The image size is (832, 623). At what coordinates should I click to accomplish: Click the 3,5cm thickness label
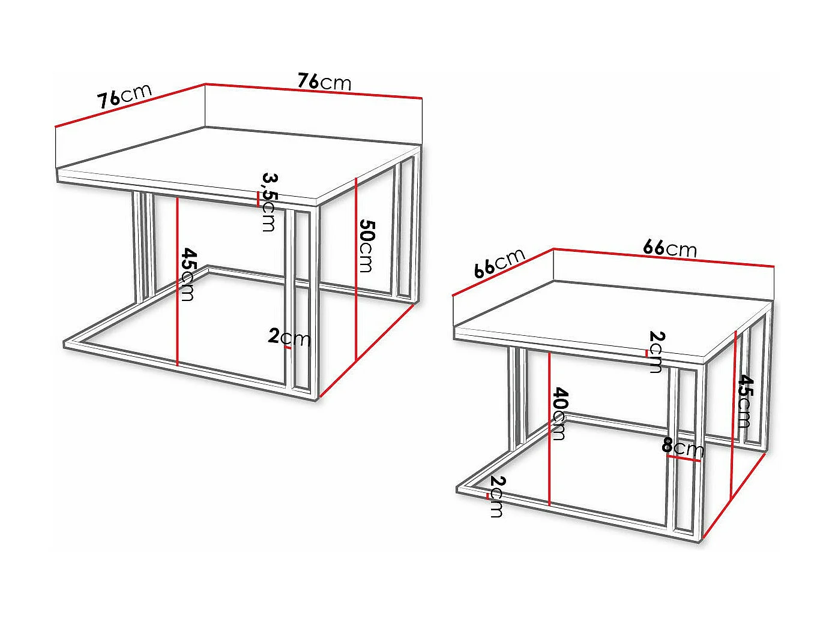(269, 202)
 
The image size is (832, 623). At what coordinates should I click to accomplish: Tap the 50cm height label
(366, 246)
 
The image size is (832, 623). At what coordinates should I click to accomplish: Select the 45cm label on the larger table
(188, 274)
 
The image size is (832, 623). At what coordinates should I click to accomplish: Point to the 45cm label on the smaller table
(744, 401)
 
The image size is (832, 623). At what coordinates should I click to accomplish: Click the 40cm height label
(559, 414)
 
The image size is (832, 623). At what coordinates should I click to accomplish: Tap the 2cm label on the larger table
(289, 338)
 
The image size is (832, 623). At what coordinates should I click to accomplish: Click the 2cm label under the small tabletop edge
(656, 351)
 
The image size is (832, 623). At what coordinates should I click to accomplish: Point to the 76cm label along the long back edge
(325, 81)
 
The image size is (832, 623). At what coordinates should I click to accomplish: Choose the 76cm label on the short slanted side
(125, 96)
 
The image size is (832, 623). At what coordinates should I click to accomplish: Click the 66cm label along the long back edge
(670, 248)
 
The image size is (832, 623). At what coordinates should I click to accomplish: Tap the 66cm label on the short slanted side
(499, 263)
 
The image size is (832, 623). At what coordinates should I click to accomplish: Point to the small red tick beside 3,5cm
(258, 199)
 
